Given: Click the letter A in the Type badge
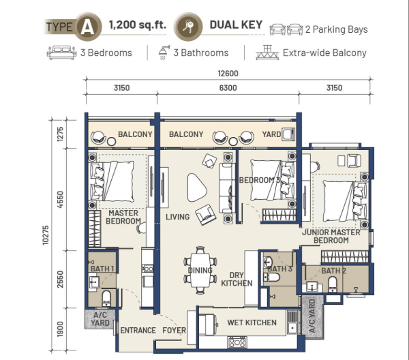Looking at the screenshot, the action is (87, 27).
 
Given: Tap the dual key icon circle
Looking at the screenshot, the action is (188, 27).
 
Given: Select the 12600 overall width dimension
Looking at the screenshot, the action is (228, 74).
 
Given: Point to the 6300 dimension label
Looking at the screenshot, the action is (228, 88).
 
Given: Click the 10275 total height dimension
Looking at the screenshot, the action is (46, 235).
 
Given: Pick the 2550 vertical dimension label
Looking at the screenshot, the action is (60, 279).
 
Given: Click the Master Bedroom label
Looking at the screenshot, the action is (123, 217).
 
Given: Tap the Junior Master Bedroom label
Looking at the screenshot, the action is (331, 236).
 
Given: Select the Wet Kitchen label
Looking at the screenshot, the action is (252, 322).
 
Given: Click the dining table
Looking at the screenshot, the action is (200, 270).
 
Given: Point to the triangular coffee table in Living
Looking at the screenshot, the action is (196, 187).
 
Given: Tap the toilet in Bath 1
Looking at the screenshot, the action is (106, 298).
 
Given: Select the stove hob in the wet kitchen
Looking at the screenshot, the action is (237, 342).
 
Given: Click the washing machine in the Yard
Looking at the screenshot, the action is (288, 134).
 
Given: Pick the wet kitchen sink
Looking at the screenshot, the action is (292, 322).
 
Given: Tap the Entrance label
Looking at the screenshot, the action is (138, 330).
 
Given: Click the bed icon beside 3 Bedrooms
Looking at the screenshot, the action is (61, 52).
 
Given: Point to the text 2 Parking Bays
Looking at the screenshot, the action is (337, 29).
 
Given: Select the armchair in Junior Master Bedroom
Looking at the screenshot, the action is (354, 160).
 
